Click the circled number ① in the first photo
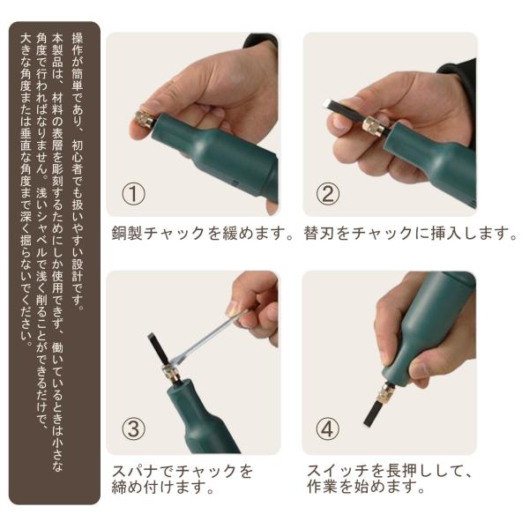coord(133,194)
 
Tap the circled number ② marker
coord(328,193)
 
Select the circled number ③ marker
coord(133,428)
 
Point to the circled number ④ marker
coord(327,428)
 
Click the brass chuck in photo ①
coord(145,119)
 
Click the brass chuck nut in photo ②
coord(372,126)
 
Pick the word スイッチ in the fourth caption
coord(339,471)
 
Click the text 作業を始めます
coord(365,487)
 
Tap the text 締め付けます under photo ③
coord(162,487)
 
